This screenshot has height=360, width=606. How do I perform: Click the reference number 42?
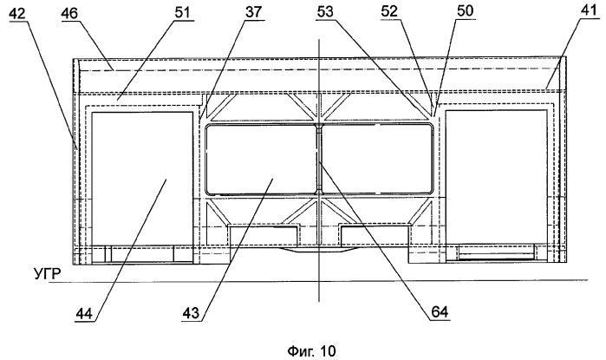pos(16,14)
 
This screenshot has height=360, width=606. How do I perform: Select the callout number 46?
pos(69,14)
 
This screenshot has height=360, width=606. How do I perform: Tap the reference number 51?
pos(183,13)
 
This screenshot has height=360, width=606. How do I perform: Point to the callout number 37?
pos(253,12)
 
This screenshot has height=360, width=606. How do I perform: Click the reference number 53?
pos(324,12)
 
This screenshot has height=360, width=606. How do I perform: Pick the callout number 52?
pos(389,11)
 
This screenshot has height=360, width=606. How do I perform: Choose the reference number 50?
pos(464,10)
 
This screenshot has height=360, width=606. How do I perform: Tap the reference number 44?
pos(84,313)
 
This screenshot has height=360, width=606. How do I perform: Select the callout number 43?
pos(191,311)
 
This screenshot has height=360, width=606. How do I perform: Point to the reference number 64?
pos(440,311)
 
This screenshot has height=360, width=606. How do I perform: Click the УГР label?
pos(48,274)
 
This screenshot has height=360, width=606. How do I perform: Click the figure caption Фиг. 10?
pos(311,351)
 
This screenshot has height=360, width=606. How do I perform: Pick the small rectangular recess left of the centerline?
pos(264,236)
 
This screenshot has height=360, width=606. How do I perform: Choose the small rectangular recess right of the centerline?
pos(375,236)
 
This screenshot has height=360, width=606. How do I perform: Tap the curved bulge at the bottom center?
pos(318,250)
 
